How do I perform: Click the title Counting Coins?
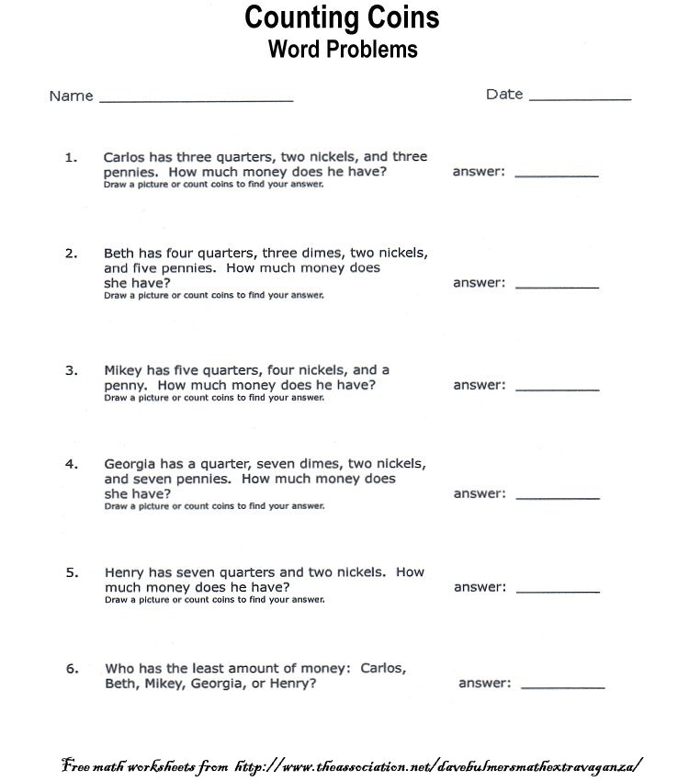342,17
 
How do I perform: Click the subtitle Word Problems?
342,49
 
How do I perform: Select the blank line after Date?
580,97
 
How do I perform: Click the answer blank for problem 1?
557,175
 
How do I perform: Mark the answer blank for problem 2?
557,287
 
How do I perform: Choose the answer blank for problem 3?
557,390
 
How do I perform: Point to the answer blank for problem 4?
557,497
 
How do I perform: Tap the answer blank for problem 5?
557,591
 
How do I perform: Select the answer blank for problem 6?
563,686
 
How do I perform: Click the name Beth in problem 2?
119,253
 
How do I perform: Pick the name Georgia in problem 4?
130,465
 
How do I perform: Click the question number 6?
71,669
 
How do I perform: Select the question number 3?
71,370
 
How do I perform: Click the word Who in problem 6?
119,669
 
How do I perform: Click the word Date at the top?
504,94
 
